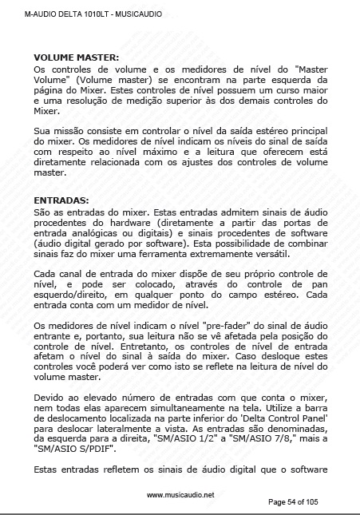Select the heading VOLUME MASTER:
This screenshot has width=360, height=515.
pos(76,57)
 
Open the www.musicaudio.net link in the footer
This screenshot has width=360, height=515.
pos(180,495)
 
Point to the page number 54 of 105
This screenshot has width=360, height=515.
pos(305,502)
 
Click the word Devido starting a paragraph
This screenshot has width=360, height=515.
pos(51,398)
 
